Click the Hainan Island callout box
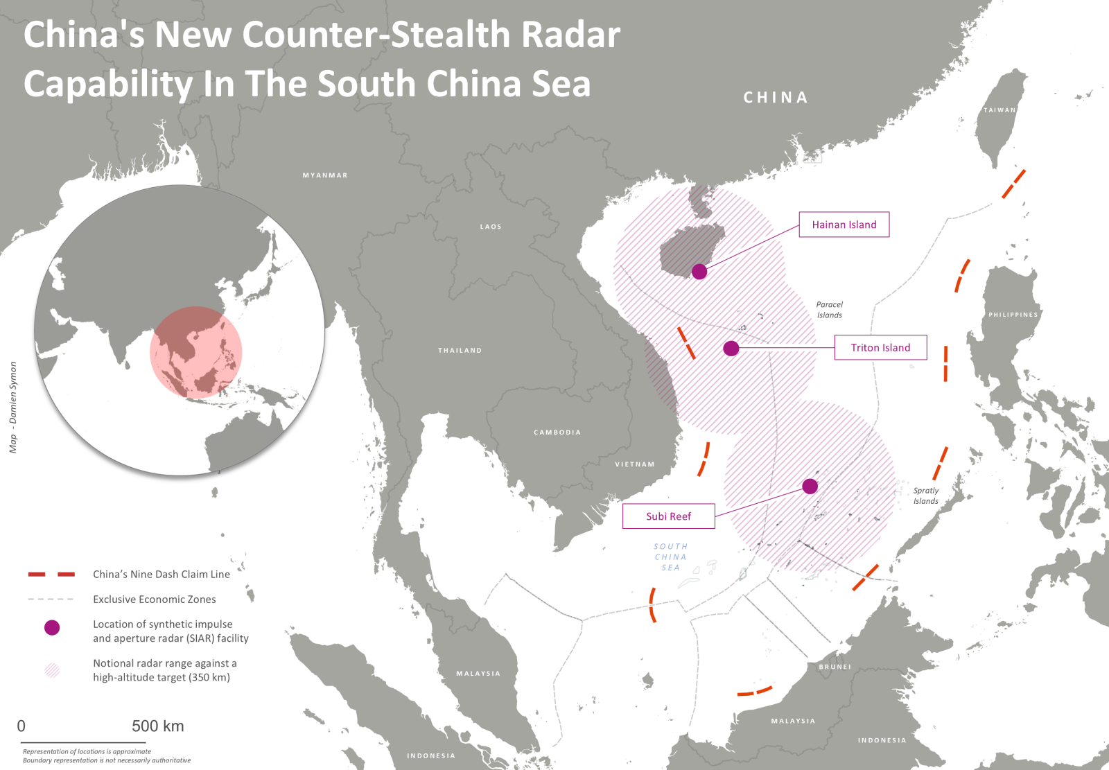coord(844,225)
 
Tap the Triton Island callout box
coord(880,348)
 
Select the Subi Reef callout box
coord(668,516)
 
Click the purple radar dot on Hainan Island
coord(699,272)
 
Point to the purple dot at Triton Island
coord(731,349)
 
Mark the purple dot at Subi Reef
coord(810,487)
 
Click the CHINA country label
coord(776,98)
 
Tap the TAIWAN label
coord(999,110)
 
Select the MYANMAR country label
coord(325,175)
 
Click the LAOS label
coord(491,227)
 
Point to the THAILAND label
coord(460,351)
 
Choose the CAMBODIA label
coord(557,432)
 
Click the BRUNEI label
coord(835,667)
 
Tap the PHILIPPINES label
coord(1013,315)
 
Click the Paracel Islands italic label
coord(829,310)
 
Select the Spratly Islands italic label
coord(925,496)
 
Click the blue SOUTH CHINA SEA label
coord(670,557)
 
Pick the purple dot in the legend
coord(52,627)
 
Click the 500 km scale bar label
coord(158,726)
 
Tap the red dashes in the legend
coord(51,574)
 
